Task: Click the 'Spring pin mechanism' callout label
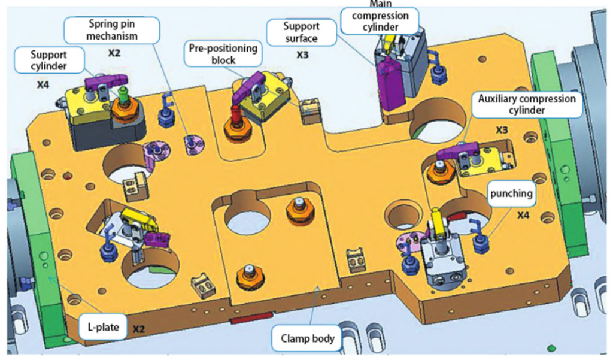tap(113, 30)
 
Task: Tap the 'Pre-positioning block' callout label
tap(223, 54)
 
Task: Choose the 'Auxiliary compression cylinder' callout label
tap(527, 105)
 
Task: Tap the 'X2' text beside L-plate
tap(139, 329)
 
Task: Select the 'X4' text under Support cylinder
tap(43, 85)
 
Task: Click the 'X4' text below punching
tap(523, 215)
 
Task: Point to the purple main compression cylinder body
tap(390, 84)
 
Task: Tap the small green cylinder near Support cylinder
tap(124, 95)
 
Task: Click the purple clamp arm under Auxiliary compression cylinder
tap(458, 153)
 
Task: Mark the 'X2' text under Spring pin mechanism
tap(114, 53)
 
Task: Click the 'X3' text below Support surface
tap(304, 55)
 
